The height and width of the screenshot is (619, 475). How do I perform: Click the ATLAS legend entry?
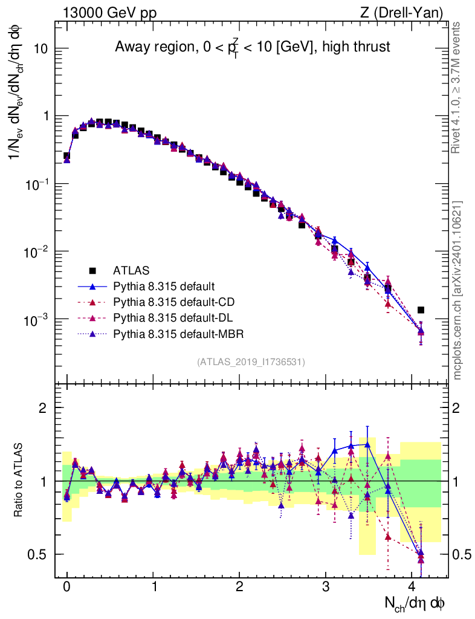click(x=131, y=270)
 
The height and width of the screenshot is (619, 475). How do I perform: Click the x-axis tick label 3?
click(x=326, y=587)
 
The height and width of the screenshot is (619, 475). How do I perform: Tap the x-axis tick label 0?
click(x=67, y=587)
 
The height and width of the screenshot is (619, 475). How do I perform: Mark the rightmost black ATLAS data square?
click(x=421, y=310)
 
